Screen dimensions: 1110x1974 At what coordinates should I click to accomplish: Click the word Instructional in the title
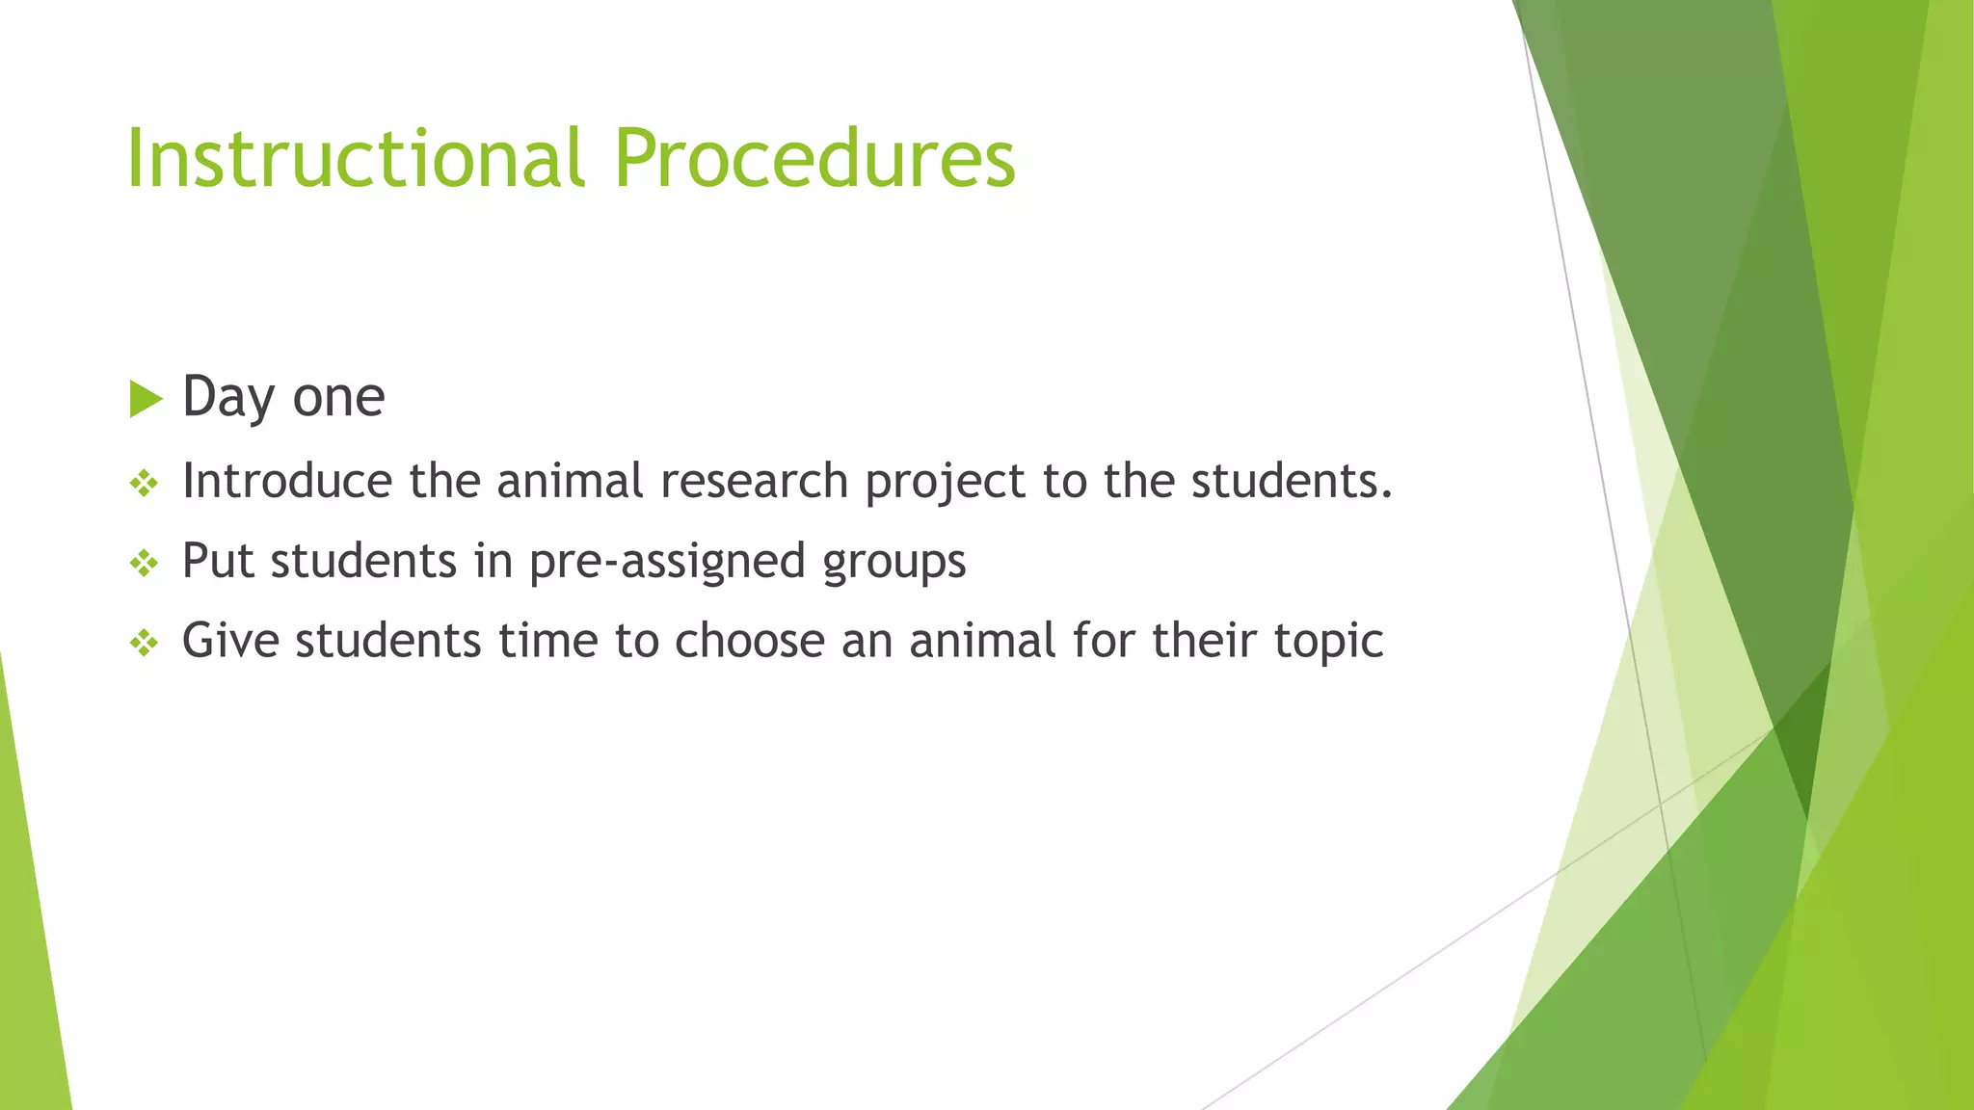tap(355, 158)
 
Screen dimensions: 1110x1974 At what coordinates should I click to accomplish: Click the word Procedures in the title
tap(814, 158)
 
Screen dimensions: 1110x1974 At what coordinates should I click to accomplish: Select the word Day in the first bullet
tap(227, 397)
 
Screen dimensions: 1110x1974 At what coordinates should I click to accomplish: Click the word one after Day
tap(338, 397)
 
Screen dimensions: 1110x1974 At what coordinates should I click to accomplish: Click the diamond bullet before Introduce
tap(144, 483)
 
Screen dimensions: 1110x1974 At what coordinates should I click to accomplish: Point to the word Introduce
tap(286, 480)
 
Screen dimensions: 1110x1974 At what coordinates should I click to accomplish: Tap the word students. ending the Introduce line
tap(1292, 480)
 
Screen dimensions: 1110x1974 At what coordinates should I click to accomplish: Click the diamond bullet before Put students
tap(144, 563)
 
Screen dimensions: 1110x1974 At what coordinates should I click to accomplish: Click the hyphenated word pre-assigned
tap(667, 562)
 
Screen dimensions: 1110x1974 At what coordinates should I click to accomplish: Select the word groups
tap(894, 562)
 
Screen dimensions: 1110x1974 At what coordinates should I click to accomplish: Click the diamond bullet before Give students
tap(144, 643)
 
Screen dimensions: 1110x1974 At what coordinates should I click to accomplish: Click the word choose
tap(750, 640)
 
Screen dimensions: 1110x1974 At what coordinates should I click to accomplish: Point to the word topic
tap(1328, 642)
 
